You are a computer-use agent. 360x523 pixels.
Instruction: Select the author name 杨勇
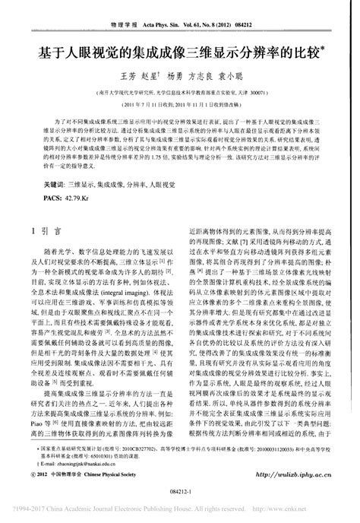tap(175, 77)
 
